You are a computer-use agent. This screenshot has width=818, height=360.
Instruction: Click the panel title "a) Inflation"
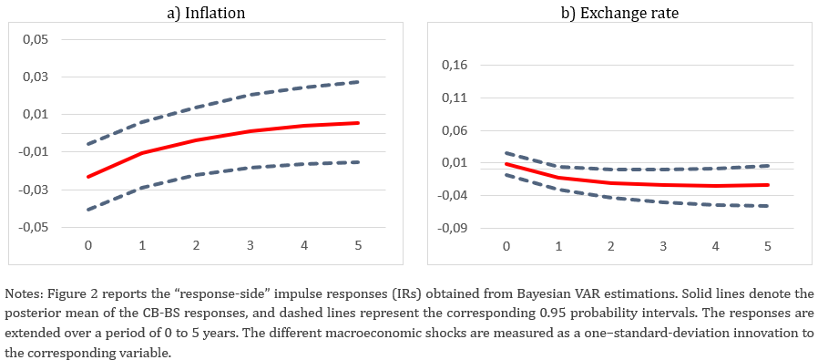click(206, 13)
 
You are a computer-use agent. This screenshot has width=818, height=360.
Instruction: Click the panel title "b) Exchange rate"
click(619, 13)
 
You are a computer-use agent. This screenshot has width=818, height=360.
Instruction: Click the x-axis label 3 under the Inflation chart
click(251, 244)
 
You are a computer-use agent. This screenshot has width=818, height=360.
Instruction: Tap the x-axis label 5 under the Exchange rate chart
click(767, 245)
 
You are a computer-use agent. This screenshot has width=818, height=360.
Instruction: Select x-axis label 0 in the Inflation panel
click(88, 244)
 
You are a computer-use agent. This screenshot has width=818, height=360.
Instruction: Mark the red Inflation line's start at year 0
click(88, 177)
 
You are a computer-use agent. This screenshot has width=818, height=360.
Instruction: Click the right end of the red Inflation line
click(358, 123)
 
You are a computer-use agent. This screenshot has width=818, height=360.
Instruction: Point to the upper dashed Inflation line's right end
click(358, 82)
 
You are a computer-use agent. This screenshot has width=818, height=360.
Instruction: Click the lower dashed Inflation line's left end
click(87, 210)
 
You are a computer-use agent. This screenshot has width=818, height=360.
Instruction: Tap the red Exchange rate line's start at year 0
click(506, 164)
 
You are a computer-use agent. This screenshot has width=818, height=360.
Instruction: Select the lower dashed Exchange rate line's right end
click(768, 206)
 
